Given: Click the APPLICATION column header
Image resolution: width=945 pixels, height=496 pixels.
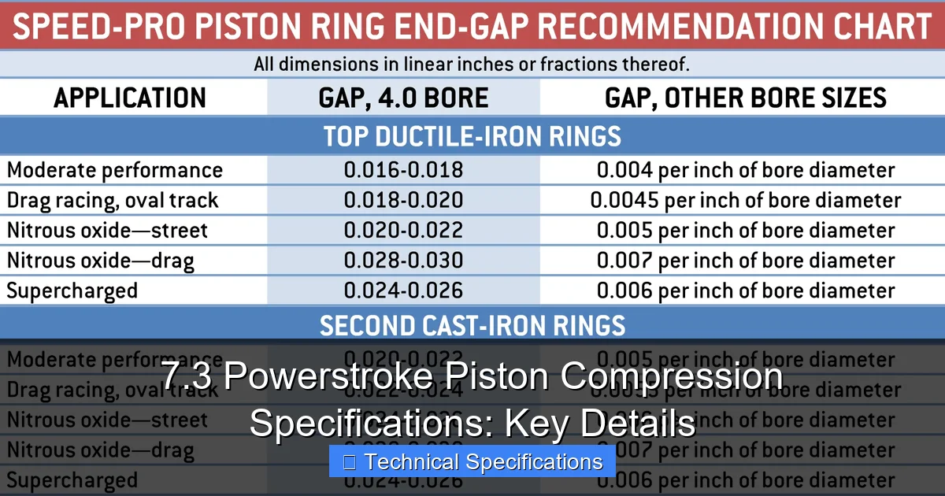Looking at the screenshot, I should pos(130,98).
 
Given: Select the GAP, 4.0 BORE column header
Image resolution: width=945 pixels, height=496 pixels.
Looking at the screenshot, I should pos(403,98).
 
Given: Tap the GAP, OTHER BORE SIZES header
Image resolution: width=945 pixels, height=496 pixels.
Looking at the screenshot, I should pos(745,98).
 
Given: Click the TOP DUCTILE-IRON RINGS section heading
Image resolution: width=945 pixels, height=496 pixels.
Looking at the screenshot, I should pos(472,136).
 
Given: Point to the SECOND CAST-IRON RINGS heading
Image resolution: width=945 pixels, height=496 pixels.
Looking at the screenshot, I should pos(472,324).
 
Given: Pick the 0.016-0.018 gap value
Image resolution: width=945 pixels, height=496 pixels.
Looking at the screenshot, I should pos(403,170).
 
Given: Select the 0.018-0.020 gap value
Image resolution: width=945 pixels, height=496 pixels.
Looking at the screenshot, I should pos(403,200).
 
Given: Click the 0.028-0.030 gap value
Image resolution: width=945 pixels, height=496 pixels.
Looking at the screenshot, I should pos(403,261).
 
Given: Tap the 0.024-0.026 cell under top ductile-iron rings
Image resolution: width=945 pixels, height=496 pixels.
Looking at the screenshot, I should pos(403,291).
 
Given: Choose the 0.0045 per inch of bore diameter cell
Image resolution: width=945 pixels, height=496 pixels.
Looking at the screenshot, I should pos(745,200).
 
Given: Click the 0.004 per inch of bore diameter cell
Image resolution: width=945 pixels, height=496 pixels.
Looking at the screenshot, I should pos(745,170).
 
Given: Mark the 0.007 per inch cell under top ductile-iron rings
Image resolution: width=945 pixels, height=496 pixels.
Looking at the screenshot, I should pos(745,261).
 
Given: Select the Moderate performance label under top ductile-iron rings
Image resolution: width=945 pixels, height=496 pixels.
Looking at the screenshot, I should pos(115,170).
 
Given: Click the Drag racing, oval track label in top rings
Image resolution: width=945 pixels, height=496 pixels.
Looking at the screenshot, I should pos(112,200).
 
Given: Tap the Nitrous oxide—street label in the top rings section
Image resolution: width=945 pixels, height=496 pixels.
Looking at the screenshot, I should pos(107,231).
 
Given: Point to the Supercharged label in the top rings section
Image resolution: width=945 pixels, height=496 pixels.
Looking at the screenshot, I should pos(72,291).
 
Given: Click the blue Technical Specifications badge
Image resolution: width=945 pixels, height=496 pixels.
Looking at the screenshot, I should pos(472,461).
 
